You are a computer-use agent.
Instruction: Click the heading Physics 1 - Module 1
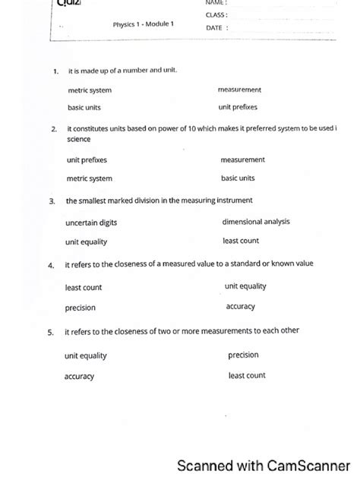144,24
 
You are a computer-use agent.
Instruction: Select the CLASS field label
216,15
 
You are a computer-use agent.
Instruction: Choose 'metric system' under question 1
90,90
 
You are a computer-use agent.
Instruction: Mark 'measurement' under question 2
242,160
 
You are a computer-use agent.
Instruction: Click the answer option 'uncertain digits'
91,223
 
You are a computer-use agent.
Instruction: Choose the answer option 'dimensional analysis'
255,222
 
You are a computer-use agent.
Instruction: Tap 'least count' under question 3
241,241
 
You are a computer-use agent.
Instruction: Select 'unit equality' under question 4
245,286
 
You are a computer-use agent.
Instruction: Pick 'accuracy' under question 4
241,307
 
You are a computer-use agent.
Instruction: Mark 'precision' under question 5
243,355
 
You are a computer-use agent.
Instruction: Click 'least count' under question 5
247,375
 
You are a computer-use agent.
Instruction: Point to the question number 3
52,202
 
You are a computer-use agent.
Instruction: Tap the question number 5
50,333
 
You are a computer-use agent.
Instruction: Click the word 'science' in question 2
79,141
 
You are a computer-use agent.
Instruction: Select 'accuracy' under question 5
79,376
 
